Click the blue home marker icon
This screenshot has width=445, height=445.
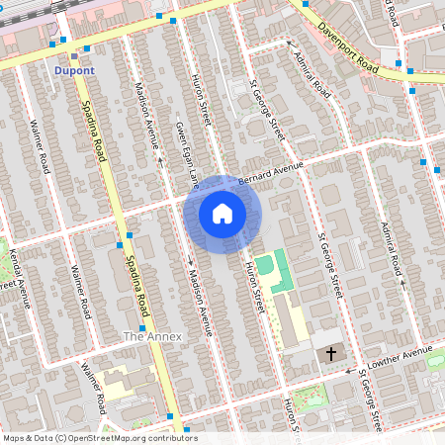(x=222, y=214)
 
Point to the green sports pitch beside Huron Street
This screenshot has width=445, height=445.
(x=281, y=271)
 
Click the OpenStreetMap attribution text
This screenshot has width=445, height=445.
(x=100, y=438)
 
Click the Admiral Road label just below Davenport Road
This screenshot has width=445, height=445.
(x=314, y=74)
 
